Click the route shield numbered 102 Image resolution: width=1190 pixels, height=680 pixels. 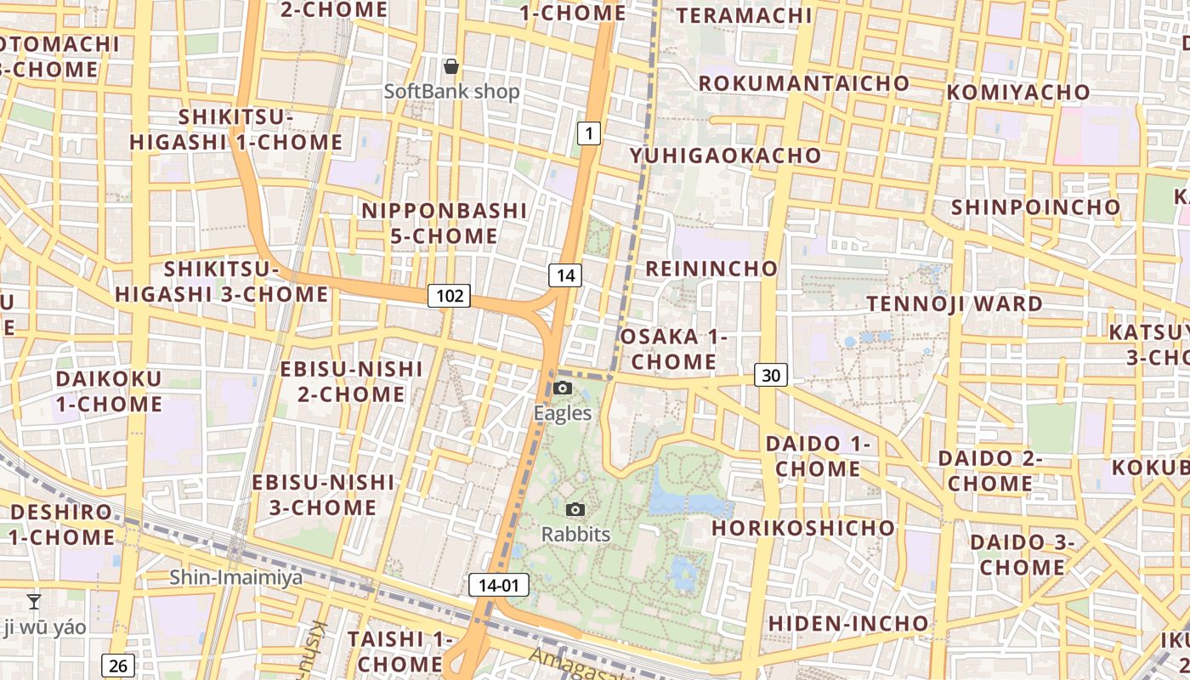[x=449, y=295]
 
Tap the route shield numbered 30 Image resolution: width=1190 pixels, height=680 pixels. [x=771, y=374]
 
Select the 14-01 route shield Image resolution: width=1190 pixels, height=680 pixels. [x=498, y=585]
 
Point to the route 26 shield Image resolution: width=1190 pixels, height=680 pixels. [x=118, y=665]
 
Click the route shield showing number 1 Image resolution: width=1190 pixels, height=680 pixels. [x=589, y=133]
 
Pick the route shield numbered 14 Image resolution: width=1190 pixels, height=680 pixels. [x=565, y=275]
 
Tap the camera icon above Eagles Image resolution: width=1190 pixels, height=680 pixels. [x=562, y=388]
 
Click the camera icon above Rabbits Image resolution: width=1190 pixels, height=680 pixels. [x=575, y=509]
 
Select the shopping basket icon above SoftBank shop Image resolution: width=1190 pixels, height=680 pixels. [x=451, y=66]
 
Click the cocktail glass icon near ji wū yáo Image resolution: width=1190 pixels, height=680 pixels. [x=34, y=602]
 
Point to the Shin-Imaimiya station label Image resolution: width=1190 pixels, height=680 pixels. [x=235, y=578]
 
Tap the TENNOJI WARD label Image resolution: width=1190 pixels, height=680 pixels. [x=954, y=303]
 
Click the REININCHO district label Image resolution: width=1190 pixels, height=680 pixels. [x=711, y=269]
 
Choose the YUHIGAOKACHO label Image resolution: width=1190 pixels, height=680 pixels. [x=725, y=156]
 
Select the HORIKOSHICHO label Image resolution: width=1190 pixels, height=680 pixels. [x=803, y=528]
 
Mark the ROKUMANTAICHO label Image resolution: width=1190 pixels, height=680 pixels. [x=803, y=83]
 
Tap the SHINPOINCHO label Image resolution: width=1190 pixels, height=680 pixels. [x=1035, y=207]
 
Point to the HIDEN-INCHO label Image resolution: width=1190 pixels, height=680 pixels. [x=848, y=623]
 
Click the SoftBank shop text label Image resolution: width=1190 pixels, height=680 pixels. [x=451, y=91]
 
